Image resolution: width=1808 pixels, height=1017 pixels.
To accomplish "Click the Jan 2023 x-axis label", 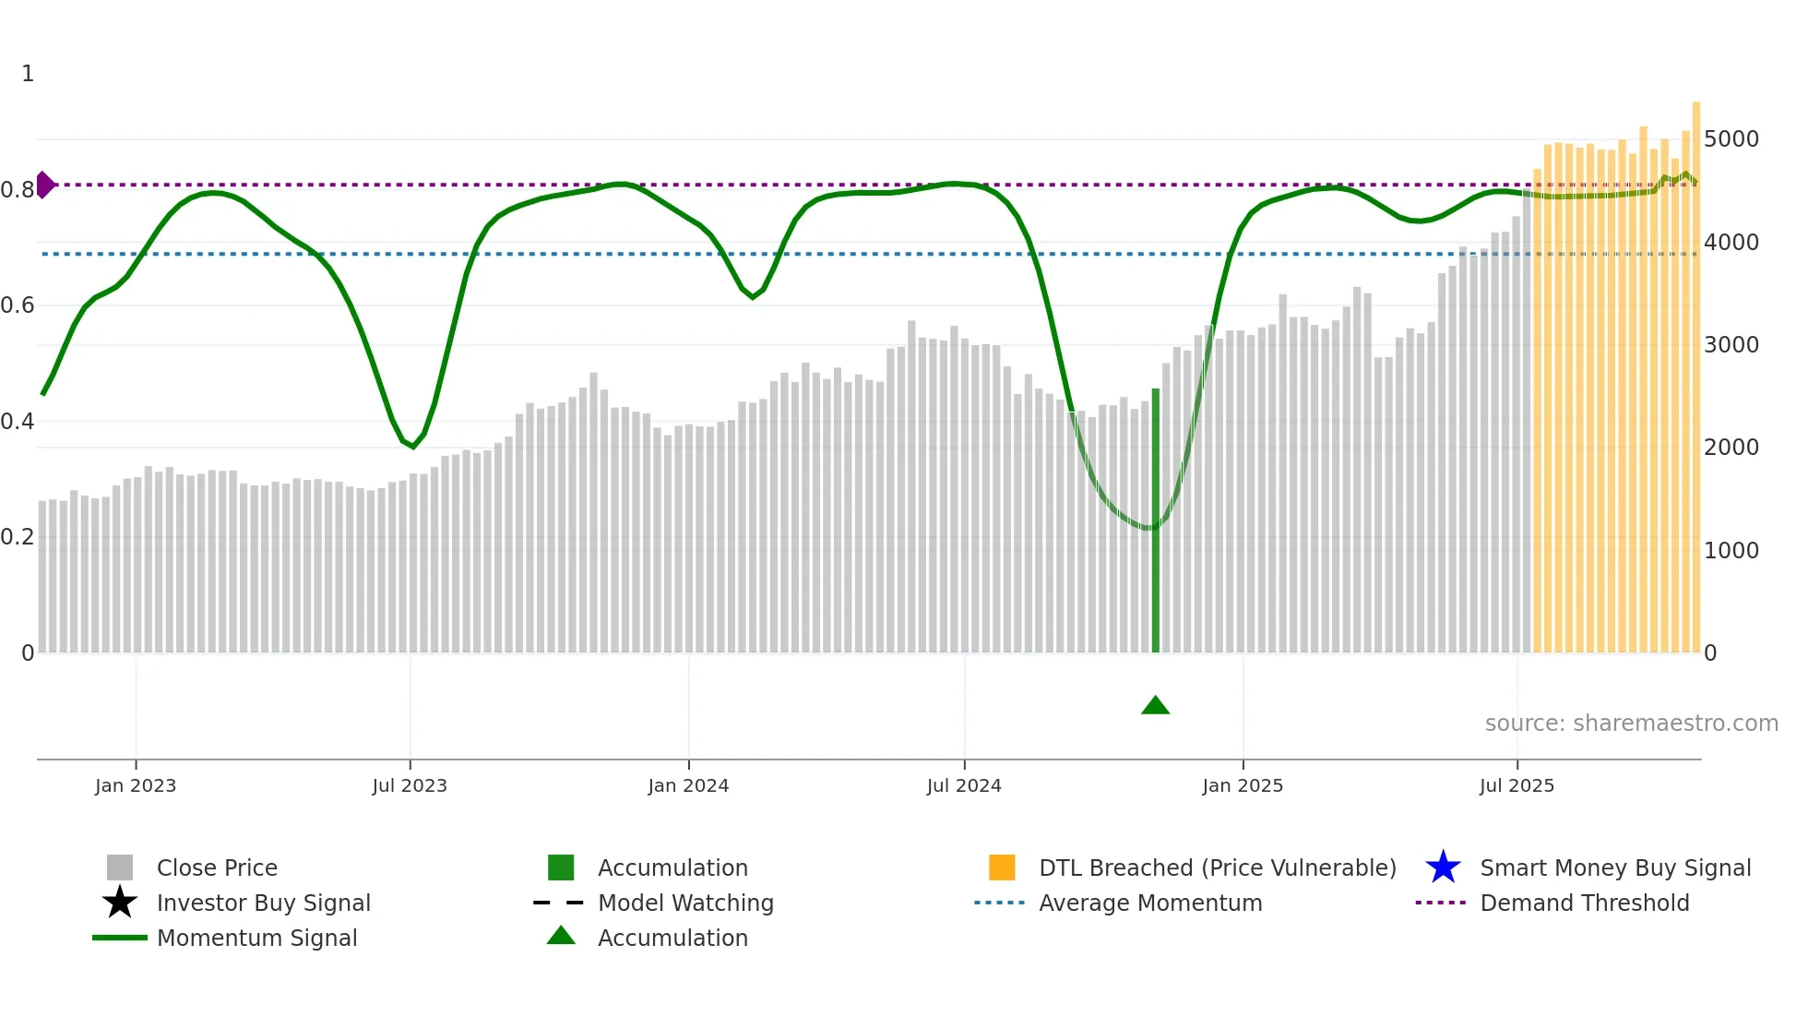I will click(136, 785).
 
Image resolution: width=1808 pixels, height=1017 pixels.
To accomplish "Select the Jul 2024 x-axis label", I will click(964, 785).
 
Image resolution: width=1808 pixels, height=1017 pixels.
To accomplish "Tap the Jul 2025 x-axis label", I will click(1517, 785).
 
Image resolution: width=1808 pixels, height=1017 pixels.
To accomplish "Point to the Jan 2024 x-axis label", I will click(688, 785).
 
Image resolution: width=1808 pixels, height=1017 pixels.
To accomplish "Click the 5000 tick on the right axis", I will click(1731, 139).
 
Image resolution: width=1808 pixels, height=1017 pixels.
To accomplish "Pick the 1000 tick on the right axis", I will click(1731, 551).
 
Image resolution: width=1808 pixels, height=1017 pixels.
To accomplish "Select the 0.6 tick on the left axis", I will click(18, 305).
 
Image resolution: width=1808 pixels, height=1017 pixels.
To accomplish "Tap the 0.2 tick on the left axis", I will click(18, 537).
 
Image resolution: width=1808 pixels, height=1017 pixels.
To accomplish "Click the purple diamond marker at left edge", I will click(44, 185).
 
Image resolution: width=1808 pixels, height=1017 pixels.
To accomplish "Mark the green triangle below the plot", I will click(1155, 706).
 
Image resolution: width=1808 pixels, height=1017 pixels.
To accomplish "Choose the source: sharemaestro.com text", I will click(1631, 724).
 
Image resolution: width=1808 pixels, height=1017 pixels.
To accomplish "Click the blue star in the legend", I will click(1443, 867).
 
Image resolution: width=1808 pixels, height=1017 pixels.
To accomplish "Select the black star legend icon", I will click(120, 903).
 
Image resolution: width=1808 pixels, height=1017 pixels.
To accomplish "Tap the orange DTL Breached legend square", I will click(1002, 867).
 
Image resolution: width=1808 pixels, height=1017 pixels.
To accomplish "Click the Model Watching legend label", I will click(685, 903).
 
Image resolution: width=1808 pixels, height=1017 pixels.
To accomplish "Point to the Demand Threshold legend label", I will click(1584, 903).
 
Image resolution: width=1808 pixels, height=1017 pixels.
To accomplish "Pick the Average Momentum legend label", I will click(1150, 903).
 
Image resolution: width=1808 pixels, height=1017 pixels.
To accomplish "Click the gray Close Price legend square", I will click(120, 867).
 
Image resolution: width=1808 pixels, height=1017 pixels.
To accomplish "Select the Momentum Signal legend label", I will click(256, 938).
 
